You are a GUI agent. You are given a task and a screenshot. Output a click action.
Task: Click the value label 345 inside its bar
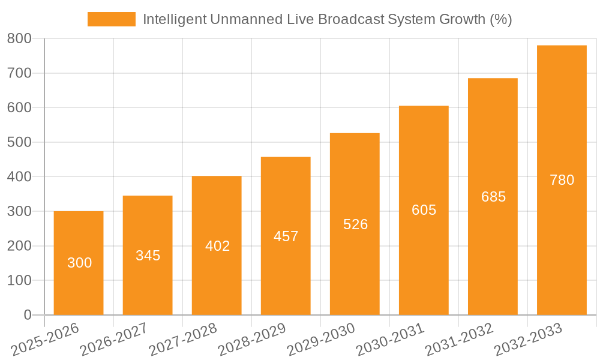148,256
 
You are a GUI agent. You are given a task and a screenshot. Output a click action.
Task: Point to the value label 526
355,224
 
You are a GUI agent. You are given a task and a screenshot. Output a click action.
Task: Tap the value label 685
493,197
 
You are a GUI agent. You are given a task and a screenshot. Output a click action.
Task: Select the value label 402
217,246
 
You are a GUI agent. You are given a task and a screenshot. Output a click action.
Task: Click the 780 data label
562,180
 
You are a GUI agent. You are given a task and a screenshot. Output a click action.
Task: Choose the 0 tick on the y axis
27,315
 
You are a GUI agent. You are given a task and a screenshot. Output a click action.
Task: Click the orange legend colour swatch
112,19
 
